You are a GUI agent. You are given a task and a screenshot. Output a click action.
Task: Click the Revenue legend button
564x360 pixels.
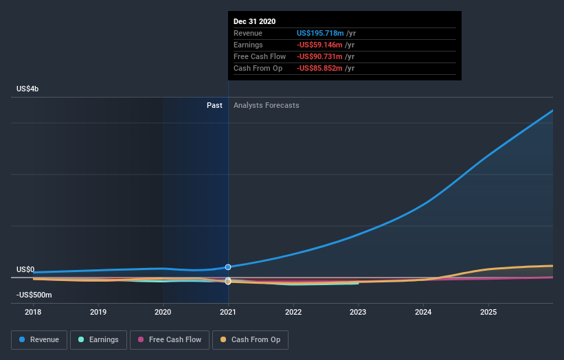pyautogui.click(x=39, y=339)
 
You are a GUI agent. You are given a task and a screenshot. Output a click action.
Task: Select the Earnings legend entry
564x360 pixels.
pyautogui.click(x=99, y=339)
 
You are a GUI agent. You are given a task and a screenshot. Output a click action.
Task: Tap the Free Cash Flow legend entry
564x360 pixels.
pyautogui.click(x=169, y=339)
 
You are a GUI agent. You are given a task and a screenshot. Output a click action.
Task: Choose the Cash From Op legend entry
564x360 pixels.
pyautogui.click(x=250, y=339)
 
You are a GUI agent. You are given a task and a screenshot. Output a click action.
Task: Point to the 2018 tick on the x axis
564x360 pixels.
pyautogui.click(x=33, y=312)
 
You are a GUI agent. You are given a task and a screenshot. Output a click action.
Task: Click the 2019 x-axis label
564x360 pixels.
pyautogui.click(x=98, y=312)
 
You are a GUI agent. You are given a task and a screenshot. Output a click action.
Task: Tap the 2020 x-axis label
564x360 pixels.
pyautogui.click(x=163, y=312)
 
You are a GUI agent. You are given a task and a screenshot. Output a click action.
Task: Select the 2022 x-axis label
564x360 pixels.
pyautogui.click(x=293, y=312)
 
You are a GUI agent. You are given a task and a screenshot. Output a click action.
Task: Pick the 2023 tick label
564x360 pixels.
pyautogui.click(x=358, y=312)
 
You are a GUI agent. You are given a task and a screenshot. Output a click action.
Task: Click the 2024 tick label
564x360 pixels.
pyautogui.click(x=423, y=312)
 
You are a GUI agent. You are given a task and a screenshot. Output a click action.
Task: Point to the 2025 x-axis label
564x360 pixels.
pyautogui.click(x=488, y=312)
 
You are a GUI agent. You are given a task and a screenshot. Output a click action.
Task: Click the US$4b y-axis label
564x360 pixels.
pyautogui.click(x=28, y=89)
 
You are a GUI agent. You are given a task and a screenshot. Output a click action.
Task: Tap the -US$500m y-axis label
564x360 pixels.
pyautogui.click(x=34, y=295)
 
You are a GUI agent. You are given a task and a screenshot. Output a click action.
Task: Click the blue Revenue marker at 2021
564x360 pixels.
pyautogui.click(x=228, y=267)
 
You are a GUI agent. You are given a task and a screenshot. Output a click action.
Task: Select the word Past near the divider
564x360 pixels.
pyautogui.click(x=214, y=105)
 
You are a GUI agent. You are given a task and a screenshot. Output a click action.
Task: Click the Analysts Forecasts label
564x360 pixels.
pyautogui.click(x=267, y=105)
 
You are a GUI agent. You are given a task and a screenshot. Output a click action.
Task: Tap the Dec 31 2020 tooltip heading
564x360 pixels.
pyautogui.click(x=254, y=21)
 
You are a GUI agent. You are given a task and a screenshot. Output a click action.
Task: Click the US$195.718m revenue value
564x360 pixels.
pyautogui.click(x=320, y=33)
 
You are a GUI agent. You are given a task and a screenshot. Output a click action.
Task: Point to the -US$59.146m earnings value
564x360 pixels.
pyautogui.click(x=320, y=45)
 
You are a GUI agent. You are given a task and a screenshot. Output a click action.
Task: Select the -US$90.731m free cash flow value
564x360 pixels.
pyautogui.click(x=320, y=56)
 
